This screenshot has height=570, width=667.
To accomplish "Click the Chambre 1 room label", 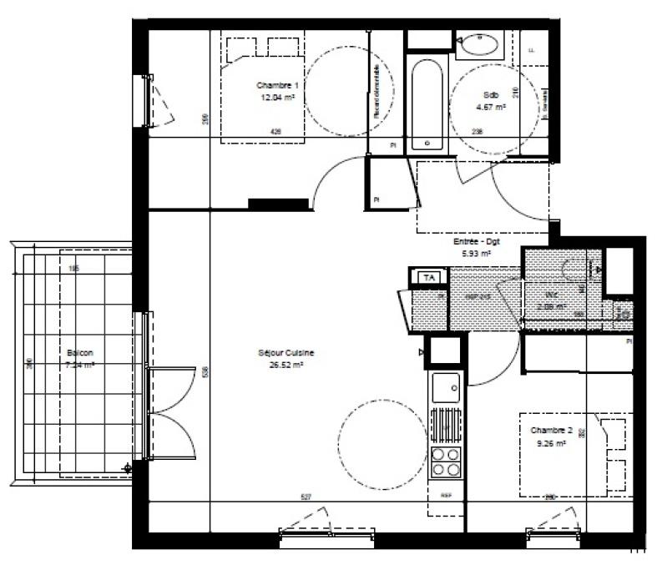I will tap(276, 85).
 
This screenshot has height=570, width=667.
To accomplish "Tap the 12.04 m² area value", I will tap(276, 97).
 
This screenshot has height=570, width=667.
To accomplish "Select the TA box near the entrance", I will tap(430, 277).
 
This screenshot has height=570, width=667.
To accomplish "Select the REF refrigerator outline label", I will tap(434, 494).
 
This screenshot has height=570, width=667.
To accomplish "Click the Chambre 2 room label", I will tap(551, 431).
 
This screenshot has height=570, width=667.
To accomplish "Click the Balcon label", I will tap(80, 353).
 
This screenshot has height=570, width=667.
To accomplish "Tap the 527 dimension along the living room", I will tap(306, 497).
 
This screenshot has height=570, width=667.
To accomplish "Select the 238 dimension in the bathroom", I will tap(478, 131).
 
